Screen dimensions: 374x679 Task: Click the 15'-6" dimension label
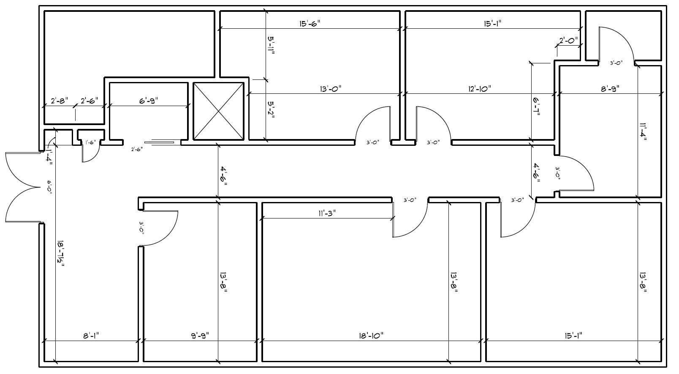click(310, 24)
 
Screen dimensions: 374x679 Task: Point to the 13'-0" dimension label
click(330, 89)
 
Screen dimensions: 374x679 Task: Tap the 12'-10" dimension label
click(480, 89)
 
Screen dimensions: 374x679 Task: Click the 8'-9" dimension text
click(610, 89)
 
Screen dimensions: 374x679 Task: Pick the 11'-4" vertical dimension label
click(643, 133)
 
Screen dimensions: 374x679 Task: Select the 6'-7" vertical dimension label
click(536, 106)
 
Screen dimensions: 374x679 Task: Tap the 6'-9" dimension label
click(148, 101)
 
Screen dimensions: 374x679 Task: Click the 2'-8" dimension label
click(59, 101)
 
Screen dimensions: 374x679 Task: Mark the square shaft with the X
click(218, 111)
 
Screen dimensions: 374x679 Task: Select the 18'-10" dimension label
click(371, 336)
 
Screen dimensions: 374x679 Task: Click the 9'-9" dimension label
click(200, 336)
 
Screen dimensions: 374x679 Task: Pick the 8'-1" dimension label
click(91, 336)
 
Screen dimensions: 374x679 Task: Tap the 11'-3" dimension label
click(327, 213)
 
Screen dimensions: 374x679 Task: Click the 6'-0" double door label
click(49, 187)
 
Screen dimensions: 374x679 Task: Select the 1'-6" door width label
click(90, 142)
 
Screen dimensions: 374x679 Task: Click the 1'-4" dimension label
click(50, 156)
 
